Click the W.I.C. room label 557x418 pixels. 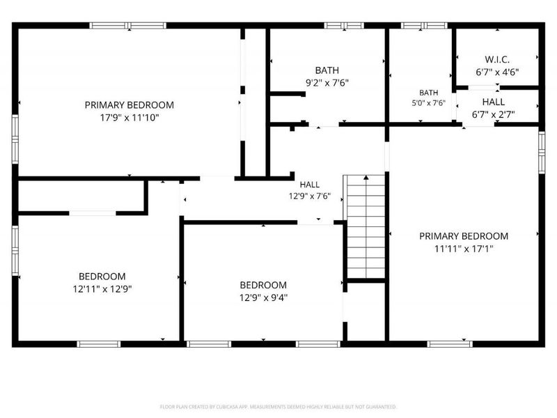497,59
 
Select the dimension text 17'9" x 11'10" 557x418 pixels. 130,118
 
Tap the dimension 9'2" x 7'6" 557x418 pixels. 327,83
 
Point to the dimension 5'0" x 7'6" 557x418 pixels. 428,103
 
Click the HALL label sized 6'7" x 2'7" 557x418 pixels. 494,102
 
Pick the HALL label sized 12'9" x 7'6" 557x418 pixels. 309,185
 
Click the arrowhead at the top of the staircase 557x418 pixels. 366,177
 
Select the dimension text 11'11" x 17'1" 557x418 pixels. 464,249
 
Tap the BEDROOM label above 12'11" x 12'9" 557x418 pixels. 102,276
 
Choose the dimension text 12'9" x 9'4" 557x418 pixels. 263,297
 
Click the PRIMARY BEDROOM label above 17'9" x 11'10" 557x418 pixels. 130,105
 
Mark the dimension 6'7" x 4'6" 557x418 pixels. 497,72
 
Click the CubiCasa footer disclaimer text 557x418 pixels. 278,407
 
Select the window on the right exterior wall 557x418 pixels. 542,153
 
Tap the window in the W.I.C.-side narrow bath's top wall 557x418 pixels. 424,25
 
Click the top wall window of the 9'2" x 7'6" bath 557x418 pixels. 344,25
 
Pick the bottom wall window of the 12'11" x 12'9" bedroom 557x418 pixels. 99,344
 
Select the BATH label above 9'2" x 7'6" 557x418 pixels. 327,70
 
